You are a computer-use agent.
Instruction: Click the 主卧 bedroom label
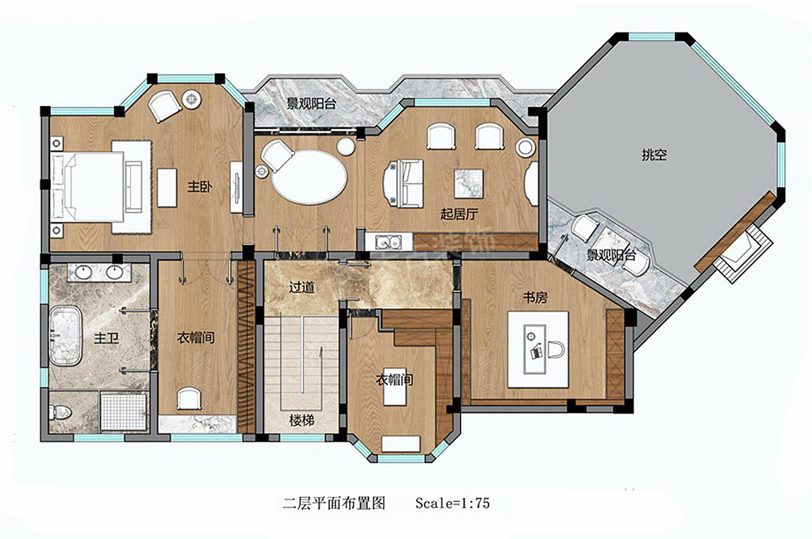(x=199, y=187)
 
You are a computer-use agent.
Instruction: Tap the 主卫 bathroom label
(x=106, y=338)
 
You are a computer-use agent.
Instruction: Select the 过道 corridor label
(x=301, y=288)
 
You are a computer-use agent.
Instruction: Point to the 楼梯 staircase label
(x=301, y=419)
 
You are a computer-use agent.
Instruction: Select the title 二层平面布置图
(x=334, y=503)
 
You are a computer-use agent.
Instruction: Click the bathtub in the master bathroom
(x=65, y=337)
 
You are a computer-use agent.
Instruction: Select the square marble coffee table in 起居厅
(x=468, y=183)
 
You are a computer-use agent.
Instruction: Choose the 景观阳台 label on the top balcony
(x=310, y=103)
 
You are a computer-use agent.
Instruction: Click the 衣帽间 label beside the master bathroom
(x=195, y=338)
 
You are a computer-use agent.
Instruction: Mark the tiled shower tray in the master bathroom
(x=124, y=412)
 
